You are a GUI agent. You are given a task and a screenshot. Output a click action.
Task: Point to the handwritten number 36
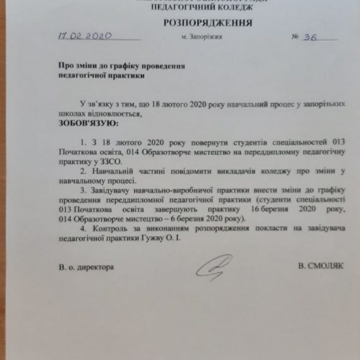tap(311, 36)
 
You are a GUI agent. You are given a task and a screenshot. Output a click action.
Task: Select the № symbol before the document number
tap(295, 37)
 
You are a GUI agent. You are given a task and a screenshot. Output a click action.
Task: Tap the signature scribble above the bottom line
tap(215, 267)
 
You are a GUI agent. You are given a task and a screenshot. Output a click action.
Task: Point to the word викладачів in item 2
tap(217, 172)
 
